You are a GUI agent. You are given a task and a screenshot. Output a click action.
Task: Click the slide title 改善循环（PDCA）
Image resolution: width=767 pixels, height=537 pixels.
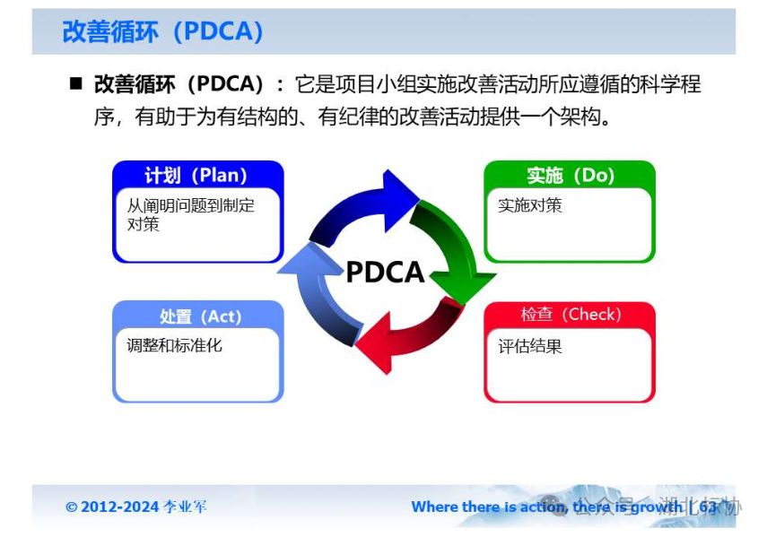click(162, 31)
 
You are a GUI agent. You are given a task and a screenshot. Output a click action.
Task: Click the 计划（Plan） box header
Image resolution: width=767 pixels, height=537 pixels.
click(196, 175)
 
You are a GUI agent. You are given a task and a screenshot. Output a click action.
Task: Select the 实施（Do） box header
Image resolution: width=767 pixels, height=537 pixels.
click(570, 175)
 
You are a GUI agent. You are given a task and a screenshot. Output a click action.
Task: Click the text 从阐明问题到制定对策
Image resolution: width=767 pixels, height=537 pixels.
click(190, 214)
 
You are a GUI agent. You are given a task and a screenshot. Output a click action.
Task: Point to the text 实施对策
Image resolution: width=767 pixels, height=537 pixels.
click(530, 205)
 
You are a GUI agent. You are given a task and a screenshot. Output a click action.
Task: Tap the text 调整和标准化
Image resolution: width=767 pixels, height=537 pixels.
click(174, 345)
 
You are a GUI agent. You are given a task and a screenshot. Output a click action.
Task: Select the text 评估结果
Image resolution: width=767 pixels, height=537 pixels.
click(530, 346)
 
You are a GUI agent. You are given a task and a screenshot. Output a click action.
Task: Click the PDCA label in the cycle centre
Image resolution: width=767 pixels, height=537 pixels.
click(385, 272)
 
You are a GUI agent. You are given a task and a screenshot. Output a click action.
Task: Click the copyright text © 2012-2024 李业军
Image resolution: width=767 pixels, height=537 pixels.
click(135, 507)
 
